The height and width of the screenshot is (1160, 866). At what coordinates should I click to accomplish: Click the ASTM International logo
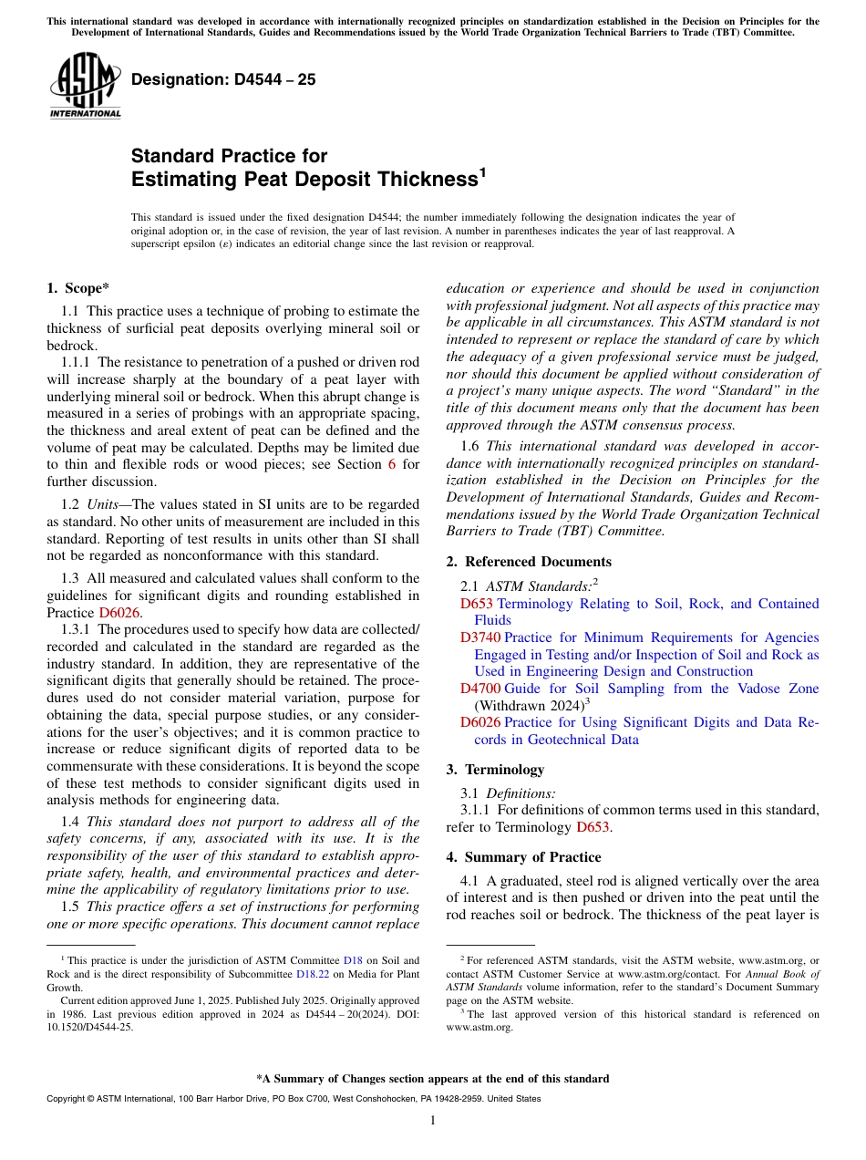pos(85,87)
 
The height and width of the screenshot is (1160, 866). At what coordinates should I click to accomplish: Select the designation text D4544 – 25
pos(223,79)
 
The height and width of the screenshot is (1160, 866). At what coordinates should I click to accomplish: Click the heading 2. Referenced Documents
pos(529,562)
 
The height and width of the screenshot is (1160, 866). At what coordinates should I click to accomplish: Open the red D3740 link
pos(480,637)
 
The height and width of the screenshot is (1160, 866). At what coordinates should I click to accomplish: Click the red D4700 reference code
pos(480,689)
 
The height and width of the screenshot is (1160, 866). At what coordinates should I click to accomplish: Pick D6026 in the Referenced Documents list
pos(480,722)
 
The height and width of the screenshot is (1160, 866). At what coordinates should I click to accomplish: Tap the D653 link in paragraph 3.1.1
pos(593,827)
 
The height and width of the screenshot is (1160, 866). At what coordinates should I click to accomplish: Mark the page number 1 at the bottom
pos(433,1121)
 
